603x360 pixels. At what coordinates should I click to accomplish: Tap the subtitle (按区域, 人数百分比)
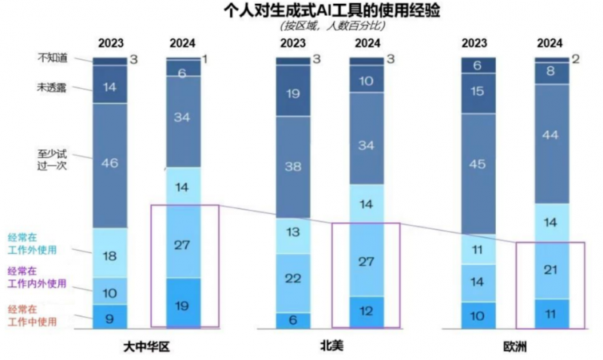[332, 26]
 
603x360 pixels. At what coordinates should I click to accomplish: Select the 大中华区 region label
[149, 346]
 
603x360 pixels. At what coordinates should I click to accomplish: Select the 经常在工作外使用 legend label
[43, 243]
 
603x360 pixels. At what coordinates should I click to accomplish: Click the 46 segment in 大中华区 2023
[110, 164]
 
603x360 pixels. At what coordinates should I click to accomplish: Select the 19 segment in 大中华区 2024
[184, 304]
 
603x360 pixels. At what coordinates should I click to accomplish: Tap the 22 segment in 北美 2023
[292, 278]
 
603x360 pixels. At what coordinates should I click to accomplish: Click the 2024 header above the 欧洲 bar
[552, 44]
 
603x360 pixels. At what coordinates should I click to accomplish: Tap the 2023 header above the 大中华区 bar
[110, 44]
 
